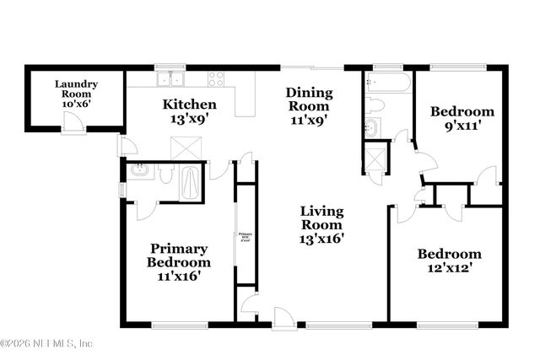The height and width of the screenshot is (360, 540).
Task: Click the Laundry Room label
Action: pyautogui.click(x=77, y=89)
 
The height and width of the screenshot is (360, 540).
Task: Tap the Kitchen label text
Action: pyautogui.click(x=190, y=111)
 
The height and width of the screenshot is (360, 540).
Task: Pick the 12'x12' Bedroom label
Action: pyautogui.click(x=449, y=261)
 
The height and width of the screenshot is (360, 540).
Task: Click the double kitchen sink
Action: pyautogui.click(x=173, y=80)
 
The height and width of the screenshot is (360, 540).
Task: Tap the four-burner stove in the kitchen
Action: pyautogui.click(x=217, y=80)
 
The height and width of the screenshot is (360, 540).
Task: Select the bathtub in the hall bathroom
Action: pyautogui.click(x=388, y=83)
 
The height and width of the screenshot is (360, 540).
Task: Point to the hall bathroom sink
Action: pyautogui.click(x=372, y=127)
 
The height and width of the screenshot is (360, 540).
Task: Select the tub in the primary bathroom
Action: pyautogui.click(x=192, y=183)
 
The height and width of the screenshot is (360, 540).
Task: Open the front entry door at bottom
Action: pyautogui.click(x=283, y=318)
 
